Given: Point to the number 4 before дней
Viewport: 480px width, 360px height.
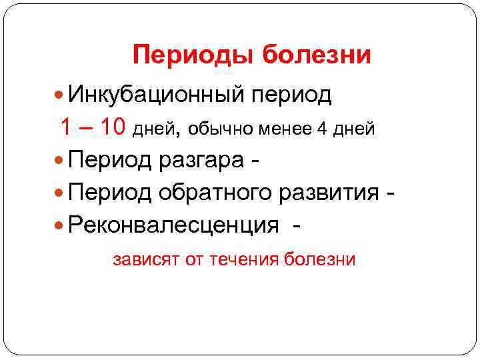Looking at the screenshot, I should pos(321,129).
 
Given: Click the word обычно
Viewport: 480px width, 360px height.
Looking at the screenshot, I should pos(218,129).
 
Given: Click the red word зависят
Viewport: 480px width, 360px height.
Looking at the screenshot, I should pos(145,259).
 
